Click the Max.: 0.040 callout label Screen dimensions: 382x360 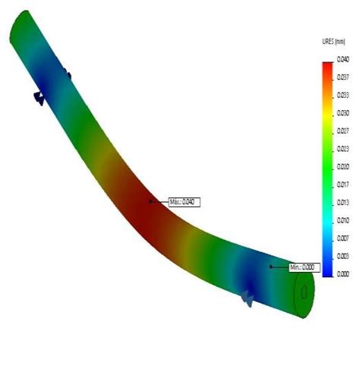(183, 202)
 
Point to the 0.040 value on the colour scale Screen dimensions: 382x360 (343, 58)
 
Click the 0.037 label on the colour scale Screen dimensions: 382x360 (343, 77)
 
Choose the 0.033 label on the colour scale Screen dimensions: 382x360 (343, 95)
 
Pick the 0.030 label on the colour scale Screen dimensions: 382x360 (343, 112)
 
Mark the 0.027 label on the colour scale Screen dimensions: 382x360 (343, 130)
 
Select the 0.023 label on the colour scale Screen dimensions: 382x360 (343, 148)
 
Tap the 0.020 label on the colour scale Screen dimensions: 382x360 (343, 166)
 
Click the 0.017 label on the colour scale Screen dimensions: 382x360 (343, 184)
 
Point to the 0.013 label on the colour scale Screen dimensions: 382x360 (343, 202)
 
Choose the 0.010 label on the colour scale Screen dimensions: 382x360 (343, 219)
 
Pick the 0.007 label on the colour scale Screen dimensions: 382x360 (343, 238)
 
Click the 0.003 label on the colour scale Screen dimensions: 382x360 (343, 255)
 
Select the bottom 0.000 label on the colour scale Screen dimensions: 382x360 (343, 273)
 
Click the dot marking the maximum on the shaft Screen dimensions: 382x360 (150, 201)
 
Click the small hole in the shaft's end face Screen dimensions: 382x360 (305, 292)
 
